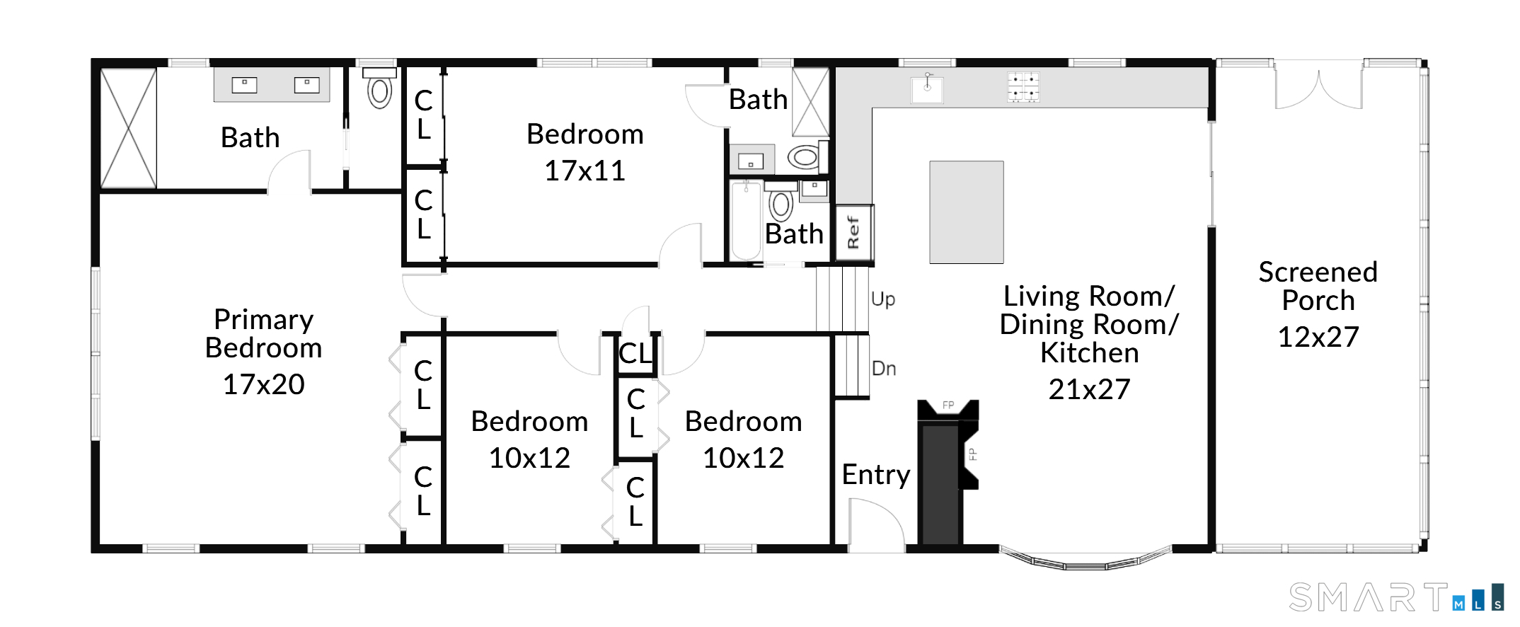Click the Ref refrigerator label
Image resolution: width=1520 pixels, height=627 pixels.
tap(853, 233)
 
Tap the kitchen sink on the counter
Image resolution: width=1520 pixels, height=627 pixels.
tap(927, 88)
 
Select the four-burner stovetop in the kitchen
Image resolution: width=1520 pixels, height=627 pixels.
tap(1023, 87)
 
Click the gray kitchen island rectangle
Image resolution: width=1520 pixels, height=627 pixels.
tap(967, 212)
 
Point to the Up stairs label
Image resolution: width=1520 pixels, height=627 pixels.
tap(883, 299)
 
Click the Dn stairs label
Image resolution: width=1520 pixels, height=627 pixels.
tap(884, 369)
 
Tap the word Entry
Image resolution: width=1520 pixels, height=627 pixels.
tap(876, 475)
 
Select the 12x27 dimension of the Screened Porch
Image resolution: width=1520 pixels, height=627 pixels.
tap(1318, 337)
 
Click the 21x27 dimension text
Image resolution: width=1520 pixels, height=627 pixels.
tap(1089, 389)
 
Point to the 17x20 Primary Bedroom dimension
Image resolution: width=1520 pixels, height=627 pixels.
tap(263, 384)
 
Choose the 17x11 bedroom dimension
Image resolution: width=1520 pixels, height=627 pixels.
tap(585, 171)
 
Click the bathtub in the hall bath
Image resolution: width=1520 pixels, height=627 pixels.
tap(747, 221)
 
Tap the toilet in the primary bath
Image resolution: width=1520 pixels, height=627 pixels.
tap(380, 88)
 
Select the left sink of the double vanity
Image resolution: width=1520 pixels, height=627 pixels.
tap(244, 85)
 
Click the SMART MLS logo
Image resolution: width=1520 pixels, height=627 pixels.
tap(1396, 597)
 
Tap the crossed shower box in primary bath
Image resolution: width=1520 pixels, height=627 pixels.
tap(128, 129)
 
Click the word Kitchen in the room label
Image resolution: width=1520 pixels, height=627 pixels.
tap(1089, 353)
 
